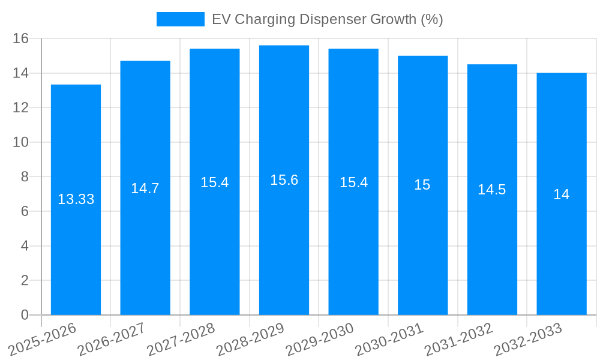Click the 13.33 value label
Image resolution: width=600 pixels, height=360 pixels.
[76, 199]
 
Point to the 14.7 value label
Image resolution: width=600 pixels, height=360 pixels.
[145, 188]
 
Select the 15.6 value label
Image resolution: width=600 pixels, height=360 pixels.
[284, 180]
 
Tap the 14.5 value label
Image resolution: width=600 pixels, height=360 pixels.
[492, 190]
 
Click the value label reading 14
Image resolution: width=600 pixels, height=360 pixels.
[562, 194]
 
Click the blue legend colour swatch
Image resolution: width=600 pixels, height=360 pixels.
[180, 19]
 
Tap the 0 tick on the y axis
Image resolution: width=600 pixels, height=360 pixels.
[25, 315]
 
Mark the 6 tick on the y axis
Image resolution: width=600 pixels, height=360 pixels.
[25, 211]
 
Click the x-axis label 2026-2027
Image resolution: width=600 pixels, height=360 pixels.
[112, 339]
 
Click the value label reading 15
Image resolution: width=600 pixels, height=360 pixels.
[422, 185]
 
